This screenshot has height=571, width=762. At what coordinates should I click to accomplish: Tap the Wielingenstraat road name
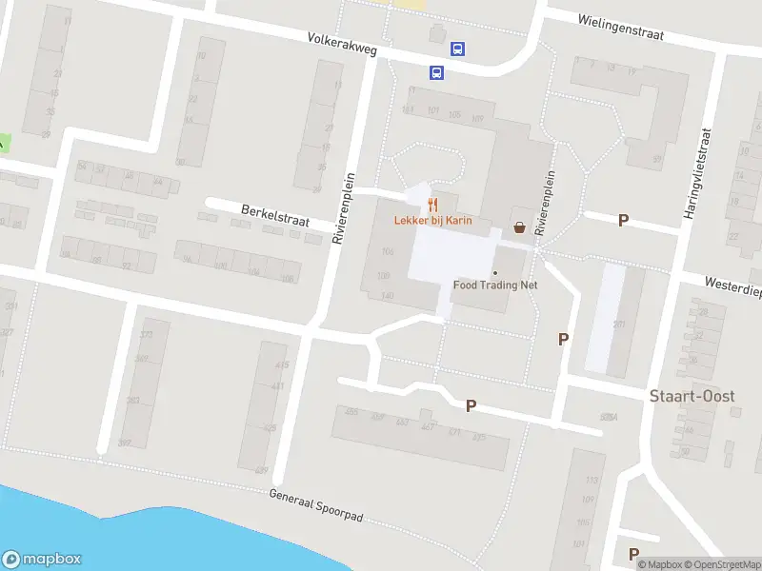pyautogui.click(x=619, y=26)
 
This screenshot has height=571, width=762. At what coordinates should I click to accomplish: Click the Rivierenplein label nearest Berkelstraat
pyautogui.click(x=344, y=210)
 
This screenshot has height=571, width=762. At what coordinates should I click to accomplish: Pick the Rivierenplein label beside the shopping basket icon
pyautogui.click(x=544, y=205)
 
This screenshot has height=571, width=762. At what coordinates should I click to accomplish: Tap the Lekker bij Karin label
pyautogui.click(x=432, y=221)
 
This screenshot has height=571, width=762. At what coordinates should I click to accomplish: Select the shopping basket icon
pyautogui.click(x=519, y=227)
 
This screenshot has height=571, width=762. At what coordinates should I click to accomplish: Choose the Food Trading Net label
pyautogui.click(x=495, y=284)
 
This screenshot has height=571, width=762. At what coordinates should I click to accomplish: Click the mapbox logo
pyautogui.click(x=42, y=560)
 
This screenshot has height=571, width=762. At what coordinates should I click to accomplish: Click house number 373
pyautogui.click(x=146, y=335)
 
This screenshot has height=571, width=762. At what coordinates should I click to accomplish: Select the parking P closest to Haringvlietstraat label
pyautogui.click(x=624, y=220)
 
